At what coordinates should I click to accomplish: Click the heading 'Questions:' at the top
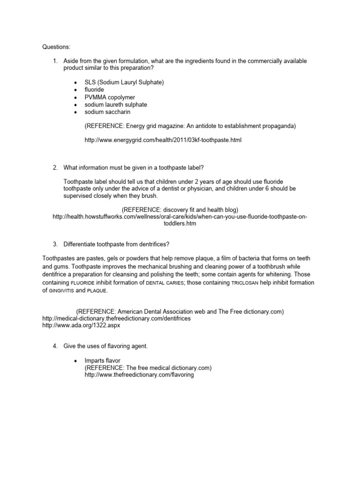point(57,47)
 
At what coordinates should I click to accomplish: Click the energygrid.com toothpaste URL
point(163,140)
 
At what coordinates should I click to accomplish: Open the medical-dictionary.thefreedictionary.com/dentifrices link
point(117,318)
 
